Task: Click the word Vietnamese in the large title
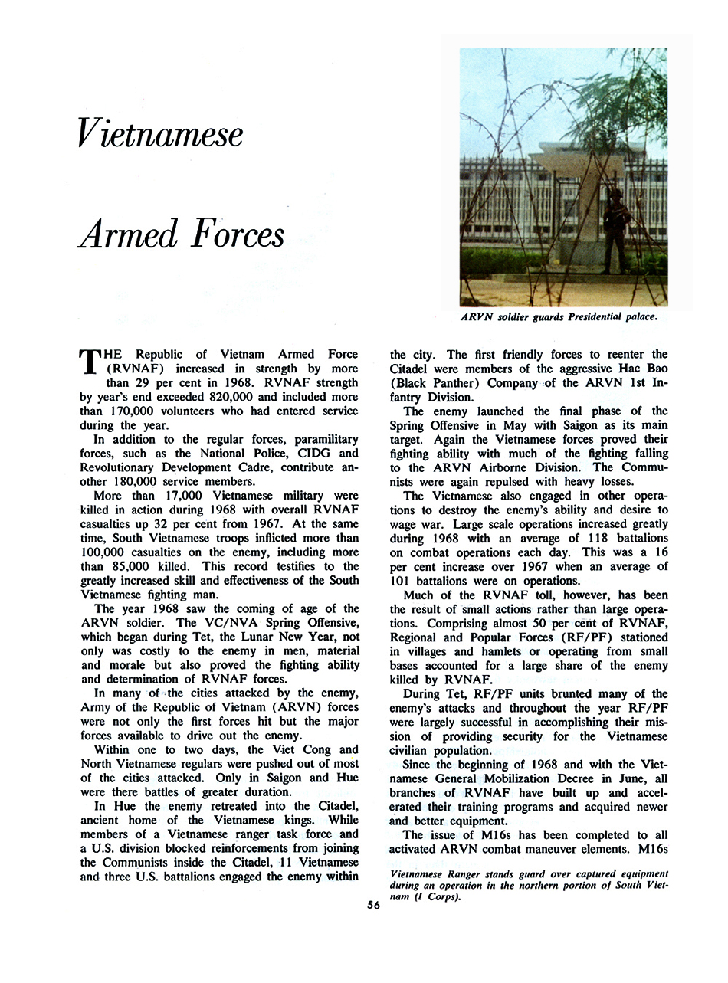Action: pos(160,134)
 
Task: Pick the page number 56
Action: pos(374,904)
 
